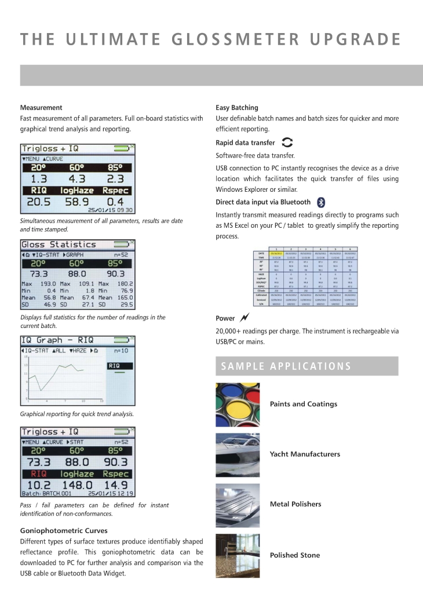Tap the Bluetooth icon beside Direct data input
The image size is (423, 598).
tap(322, 202)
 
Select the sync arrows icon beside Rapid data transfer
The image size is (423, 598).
tap(287, 143)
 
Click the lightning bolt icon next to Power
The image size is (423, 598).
tap(244, 318)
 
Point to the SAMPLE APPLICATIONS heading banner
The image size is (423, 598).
tap(307, 366)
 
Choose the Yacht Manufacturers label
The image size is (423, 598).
tap(305, 454)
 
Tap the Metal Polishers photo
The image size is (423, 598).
tap(238, 504)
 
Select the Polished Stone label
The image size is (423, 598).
tap(295, 555)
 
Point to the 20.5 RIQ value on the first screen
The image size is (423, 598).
tap(39, 202)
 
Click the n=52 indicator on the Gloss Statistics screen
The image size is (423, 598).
tap(121, 255)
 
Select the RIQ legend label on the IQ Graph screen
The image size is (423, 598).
tap(114, 366)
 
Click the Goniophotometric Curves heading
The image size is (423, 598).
tap(64, 530)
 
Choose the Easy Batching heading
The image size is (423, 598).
tap(237, 108)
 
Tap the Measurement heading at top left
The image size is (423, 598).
tap(41, 108)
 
